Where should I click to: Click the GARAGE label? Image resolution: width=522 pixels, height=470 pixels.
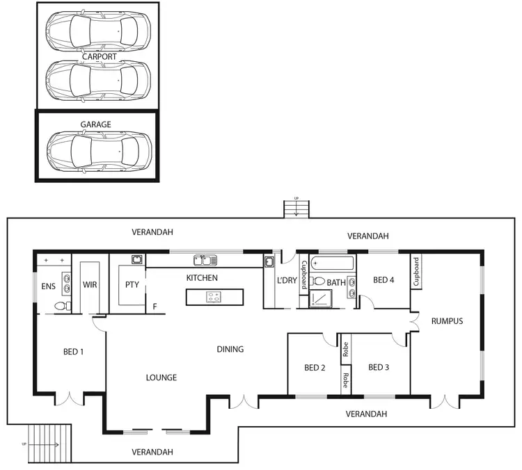(x=95, y=124)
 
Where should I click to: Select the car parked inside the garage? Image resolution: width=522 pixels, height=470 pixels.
(x=98, y=149)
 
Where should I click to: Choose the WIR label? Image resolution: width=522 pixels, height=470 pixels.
(x=90, y=284)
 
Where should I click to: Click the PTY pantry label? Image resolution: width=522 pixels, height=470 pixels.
(x=132, y=284)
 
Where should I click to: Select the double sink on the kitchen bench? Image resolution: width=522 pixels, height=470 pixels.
(x=205, y=260)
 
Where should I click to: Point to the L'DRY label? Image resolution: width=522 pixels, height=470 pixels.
(x=287, y=280)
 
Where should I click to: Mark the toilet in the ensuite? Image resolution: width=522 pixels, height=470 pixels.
(x=60, y=306)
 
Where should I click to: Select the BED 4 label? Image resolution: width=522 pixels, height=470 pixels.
(x=383, y=280)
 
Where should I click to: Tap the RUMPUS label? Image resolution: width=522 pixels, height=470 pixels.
(x=447, y=321)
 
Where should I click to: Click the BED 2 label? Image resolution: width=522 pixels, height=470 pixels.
(x=315, y=368)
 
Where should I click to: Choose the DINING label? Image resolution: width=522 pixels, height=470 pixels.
(x=230, y=349)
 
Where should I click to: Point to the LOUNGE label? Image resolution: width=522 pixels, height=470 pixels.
(x=161, y=378)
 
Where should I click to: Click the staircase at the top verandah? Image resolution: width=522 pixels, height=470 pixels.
(x=297, y=209)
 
